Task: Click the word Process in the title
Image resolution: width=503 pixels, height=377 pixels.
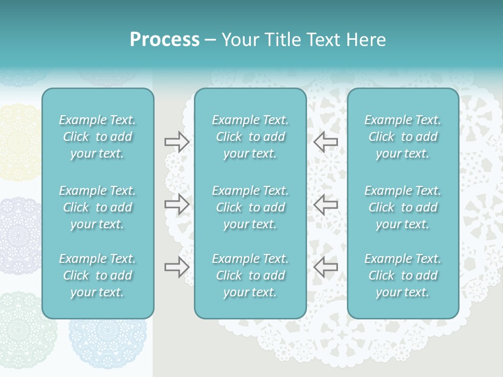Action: click(x=165, y=40)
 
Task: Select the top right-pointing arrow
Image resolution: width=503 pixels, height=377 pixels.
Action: click(x=177, y=141)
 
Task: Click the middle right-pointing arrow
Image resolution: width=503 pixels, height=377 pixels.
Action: click(x=177, y=204)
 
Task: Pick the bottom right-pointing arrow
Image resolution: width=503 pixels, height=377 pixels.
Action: click(x=177, y=267)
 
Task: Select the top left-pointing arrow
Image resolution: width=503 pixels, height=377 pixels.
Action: click(x=325, y=141)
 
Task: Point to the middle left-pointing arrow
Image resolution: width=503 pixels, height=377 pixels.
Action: click(x=325, y=204)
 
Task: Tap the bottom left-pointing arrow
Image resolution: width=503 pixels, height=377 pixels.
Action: click(x=325, y=267)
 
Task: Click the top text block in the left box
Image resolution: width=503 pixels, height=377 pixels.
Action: click(x=97, y=137)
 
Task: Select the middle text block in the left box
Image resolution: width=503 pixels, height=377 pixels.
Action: click(x=97, y=207)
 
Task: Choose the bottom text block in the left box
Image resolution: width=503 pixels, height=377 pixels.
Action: click(x=97, y=275)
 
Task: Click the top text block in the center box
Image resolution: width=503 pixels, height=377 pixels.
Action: click(x=250, y=137)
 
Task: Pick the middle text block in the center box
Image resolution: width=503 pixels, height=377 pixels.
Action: click(x=250, y=207)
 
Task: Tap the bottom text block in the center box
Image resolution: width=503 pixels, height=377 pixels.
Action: click(x=250, y=275)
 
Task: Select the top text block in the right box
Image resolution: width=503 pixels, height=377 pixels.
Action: click(x=402, y=137)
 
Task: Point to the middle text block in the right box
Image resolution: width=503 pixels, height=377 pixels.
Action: click(x=402, y=207)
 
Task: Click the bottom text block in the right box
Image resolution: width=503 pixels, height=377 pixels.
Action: click(x=402, y=275)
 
